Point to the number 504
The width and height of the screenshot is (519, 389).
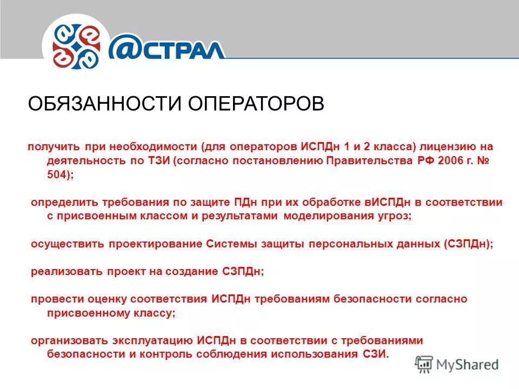[x=58, y=175]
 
